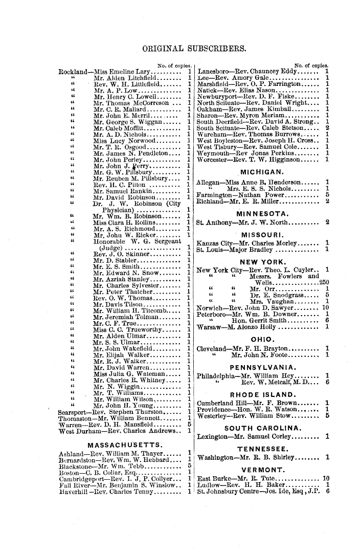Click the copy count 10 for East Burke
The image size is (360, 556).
(x=326, y=479)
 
